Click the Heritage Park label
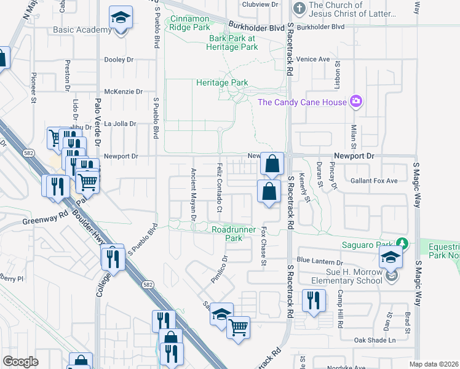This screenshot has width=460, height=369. [221, 82]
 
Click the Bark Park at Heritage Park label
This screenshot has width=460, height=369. [236, 42]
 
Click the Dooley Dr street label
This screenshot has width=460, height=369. [119, 60]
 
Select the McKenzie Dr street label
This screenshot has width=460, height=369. [124, 92]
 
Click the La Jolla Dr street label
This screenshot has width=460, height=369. [120, 124]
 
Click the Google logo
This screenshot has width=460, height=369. [21, 362]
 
